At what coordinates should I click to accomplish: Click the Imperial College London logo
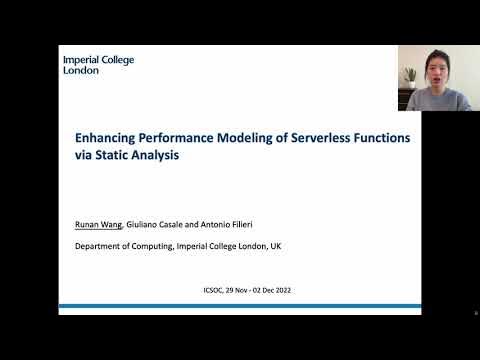click(x=98, y=65)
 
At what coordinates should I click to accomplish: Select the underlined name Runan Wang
click(x=100, y=225)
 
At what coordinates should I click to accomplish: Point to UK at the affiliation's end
click(x=275, y=245)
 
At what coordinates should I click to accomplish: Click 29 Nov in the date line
click(x=241, y=290)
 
